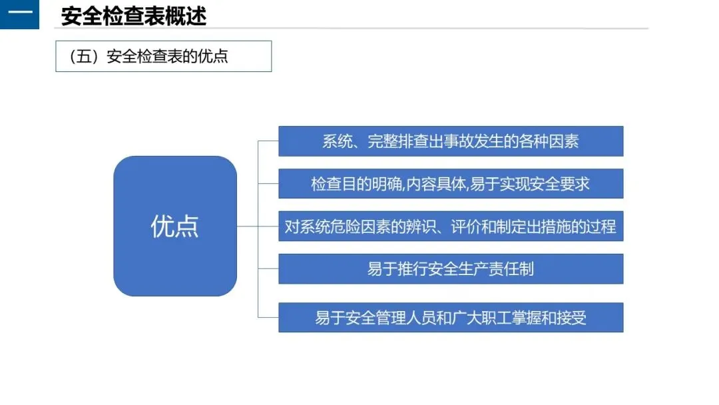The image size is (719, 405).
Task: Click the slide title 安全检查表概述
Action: (133, 15)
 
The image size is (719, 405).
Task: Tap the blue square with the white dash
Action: (19, 15)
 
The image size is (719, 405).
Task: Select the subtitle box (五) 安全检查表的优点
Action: (163, 56)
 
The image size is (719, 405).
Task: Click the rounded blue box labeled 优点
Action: (175, 226)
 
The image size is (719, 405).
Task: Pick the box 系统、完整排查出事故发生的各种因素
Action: (451, 141)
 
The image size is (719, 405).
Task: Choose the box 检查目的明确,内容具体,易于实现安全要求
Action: (451, 184)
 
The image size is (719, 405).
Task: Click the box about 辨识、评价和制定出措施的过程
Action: (451, 226)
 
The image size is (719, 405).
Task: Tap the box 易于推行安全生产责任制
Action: (451, 269)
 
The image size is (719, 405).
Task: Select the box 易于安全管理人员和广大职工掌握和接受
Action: (451, 318)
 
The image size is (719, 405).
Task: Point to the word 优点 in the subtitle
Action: (213, 56)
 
